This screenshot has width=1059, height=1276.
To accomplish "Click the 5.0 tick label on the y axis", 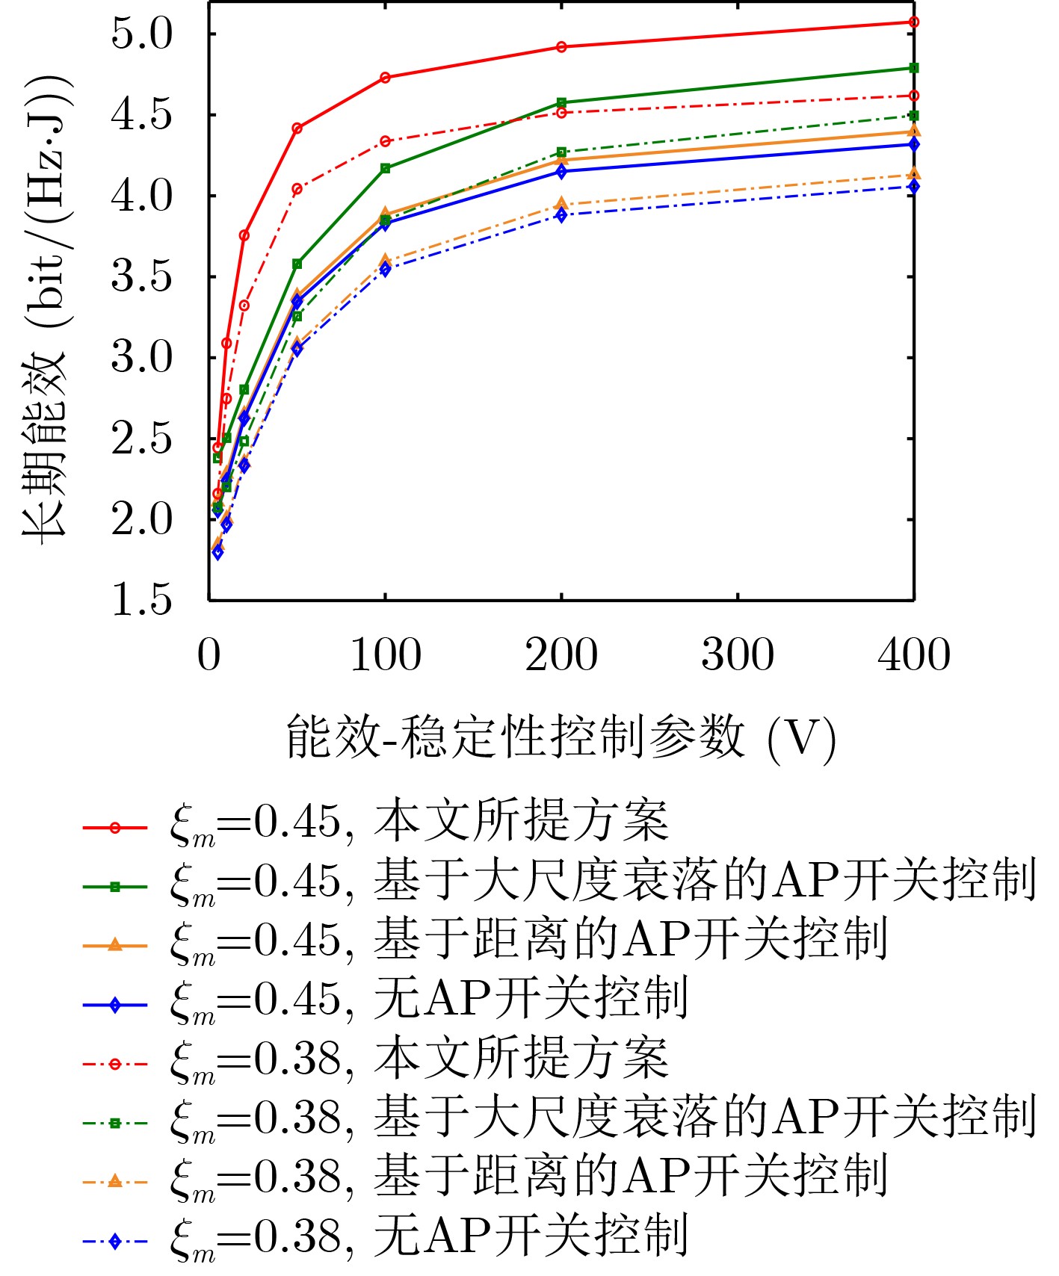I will coord(141,34).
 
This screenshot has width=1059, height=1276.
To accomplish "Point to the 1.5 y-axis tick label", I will coord(141,600).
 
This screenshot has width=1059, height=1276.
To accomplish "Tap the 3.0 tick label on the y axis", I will coord(141,358).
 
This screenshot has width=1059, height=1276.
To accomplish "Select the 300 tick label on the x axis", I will coord(738,655).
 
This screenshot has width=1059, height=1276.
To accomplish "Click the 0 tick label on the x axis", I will coord(209,655).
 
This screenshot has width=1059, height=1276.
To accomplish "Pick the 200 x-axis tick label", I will coord(561,655).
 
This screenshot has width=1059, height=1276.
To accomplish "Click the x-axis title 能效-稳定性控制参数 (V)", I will coord(561,737).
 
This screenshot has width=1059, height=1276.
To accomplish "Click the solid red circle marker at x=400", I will coord(913,22).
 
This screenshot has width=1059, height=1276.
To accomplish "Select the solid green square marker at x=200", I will coord(561,102).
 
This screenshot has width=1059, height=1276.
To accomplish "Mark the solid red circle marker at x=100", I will coord(385,78).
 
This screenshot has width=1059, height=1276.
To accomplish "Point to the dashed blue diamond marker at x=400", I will coord(913,187).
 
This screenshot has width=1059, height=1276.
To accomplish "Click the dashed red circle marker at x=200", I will coord(561,113).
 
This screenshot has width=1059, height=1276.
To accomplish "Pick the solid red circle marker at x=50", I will coord(297,128).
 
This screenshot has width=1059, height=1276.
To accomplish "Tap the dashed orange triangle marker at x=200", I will coord(561,204).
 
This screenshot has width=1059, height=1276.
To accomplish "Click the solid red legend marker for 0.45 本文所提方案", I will coord(114,828).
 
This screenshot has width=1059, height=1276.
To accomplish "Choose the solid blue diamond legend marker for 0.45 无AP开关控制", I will coord(114,1006).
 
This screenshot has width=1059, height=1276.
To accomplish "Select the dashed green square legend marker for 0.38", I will coord(114,1123).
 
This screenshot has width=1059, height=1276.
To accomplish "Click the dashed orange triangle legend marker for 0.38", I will coord(114,1181).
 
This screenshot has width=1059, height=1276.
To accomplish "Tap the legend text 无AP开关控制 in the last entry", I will coord(531,1236).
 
